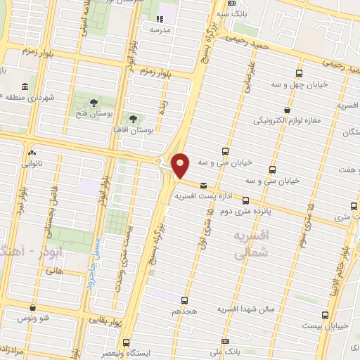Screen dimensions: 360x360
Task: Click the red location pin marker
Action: point(181,165)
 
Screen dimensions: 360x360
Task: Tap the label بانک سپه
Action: point(231,13)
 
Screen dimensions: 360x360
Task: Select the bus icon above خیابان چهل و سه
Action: point(300,72)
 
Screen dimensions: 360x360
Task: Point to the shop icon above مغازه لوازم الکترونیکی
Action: point(286,109)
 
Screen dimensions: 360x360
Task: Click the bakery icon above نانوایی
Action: point(32,153)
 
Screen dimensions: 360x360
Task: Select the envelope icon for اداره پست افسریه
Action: point(204,185)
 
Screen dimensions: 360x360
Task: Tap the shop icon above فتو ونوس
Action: point(33,307)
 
